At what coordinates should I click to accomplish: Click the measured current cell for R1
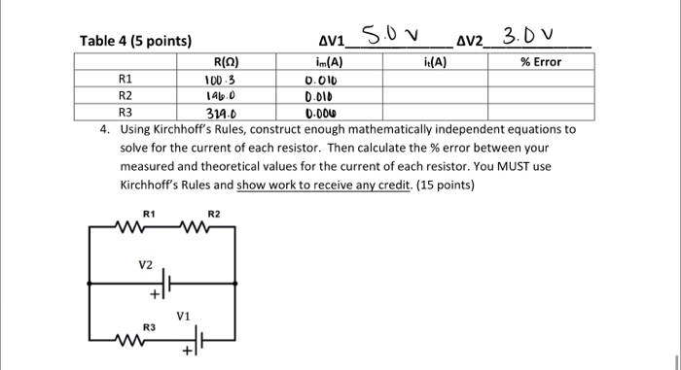pos(320,80)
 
